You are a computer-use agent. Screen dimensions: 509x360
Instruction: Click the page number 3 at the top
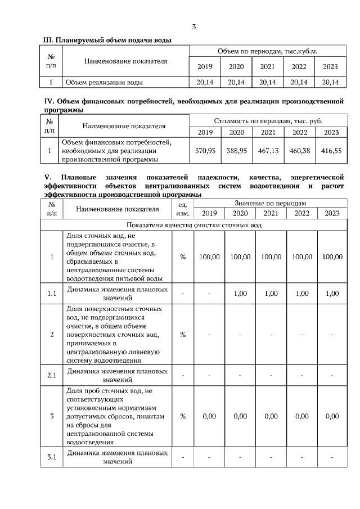pyautogui.click(x=194, y=26)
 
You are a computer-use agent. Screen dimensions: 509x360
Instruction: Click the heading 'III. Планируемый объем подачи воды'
pyautogui.click(x=107, y=40)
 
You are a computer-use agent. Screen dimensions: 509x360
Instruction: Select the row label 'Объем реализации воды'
pyautogui.click(x=104, y=83)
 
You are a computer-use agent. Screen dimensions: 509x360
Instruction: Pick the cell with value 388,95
pyautogui.click(x=236, y=151)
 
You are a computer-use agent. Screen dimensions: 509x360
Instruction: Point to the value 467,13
pyautogui.click(x=267, y=151)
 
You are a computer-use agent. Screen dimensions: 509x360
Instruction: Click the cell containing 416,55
pyautogui.click(x=330, y=151)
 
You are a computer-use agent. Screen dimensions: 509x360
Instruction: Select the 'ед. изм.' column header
pyautogui.click(x=183, y=209)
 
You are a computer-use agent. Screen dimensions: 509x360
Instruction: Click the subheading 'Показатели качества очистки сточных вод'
pyautogui.click(x=193, y=225)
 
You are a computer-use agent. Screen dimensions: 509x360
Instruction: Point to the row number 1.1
pyautogui.click(x=52, y=294)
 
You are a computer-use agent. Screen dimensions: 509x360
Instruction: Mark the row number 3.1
pyautogui.click(x=52, y=457)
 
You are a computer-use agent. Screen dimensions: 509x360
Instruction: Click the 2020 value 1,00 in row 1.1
pyautogui.click(x=240, y=294)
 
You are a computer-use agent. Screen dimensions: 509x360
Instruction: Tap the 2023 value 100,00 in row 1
pyautogui.click(x=332, y=257)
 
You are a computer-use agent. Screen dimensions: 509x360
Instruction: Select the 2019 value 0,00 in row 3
pyautogui.click(x=209, y=417)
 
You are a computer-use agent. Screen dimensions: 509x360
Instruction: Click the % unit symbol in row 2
pyautogui.click(x=183, y=335)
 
